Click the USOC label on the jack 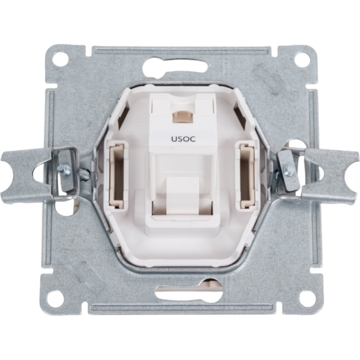click(183, 139)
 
